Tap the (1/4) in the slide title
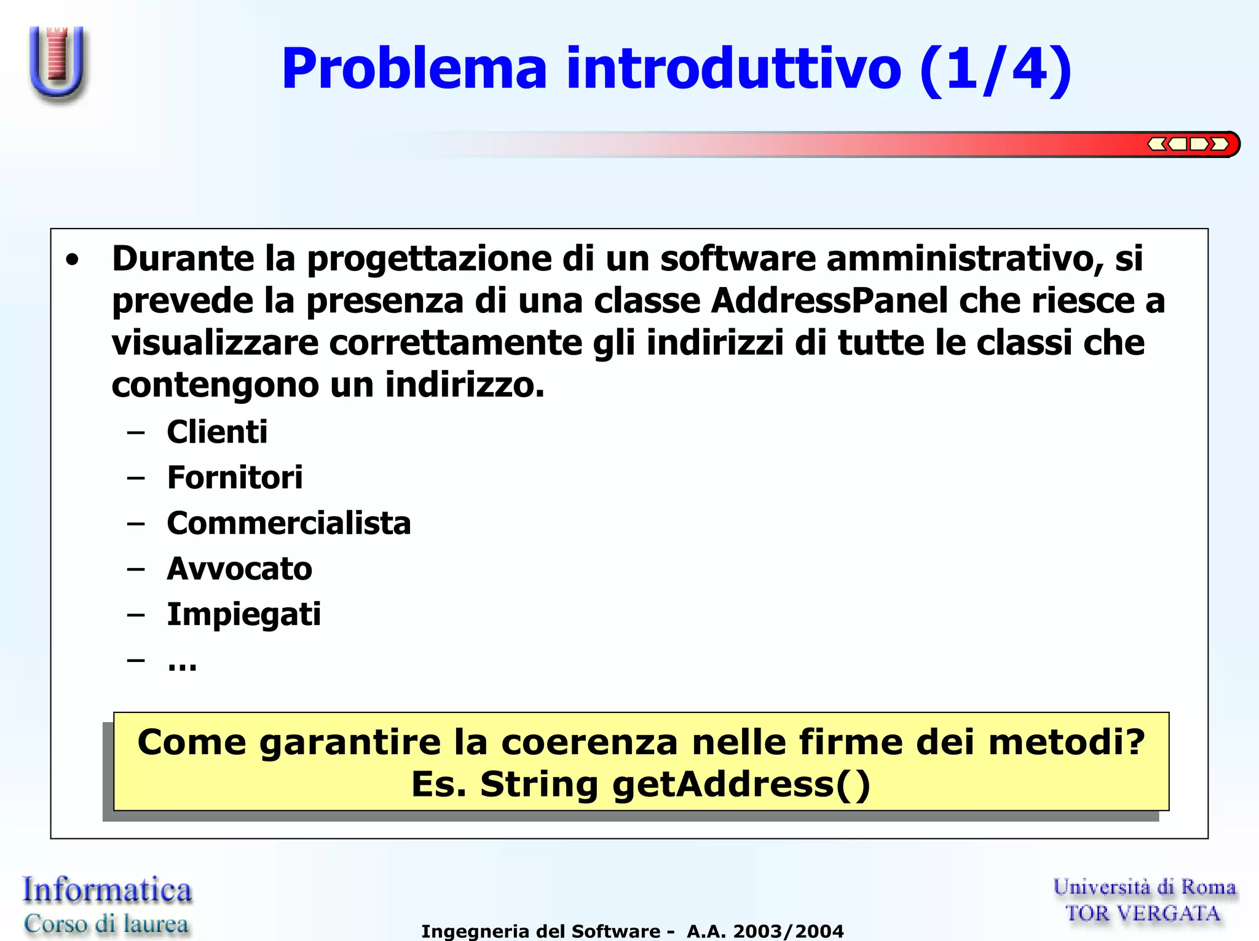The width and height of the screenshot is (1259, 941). coord(996,69)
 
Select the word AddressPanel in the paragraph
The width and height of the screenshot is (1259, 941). coord(829,301)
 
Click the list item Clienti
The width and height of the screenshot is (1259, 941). coord(217,431)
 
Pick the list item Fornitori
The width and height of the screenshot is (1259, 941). coord(235,478)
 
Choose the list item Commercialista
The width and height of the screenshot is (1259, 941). coord(289,523)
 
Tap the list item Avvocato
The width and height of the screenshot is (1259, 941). coord(239,569)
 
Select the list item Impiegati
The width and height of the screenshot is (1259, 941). coord(243,615)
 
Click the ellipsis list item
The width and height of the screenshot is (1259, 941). coord(182,663)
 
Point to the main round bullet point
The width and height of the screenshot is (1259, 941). coord(73,260)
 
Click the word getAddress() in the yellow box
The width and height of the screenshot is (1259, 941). coord(741,784)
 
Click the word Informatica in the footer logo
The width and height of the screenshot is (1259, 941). coord(107,890)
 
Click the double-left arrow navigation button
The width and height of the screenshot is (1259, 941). coord(1158,144)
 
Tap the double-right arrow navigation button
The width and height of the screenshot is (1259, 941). coord(1220,144)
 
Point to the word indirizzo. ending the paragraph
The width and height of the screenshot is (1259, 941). coord(465,385)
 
